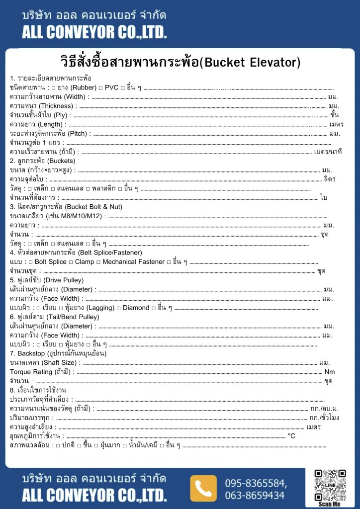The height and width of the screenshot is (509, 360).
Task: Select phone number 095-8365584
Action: click(x=256, y=483)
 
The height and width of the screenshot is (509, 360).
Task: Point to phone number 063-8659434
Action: click(x=255, y=495)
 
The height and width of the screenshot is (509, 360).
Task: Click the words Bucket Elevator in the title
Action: click(x=253, y=63)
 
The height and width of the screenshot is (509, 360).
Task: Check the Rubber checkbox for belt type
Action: click(x=54, y=88)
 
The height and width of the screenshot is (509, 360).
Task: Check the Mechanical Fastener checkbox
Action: click(x=98, y=262)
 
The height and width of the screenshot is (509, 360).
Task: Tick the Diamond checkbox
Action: click(x=118, y=308)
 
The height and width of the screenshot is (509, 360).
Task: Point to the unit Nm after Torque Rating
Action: click(x=329, y=372)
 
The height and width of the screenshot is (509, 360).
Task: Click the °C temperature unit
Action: click(x=291, y=436)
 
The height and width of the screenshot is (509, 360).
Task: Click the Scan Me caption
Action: click(x=330, y=504)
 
